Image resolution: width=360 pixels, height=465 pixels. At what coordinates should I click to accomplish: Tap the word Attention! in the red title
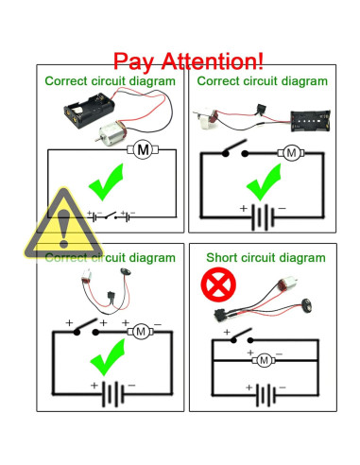pyautogui.click(x=215, y=62)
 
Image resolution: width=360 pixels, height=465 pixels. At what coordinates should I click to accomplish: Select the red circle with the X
pyautogui.click(x=218, y=284)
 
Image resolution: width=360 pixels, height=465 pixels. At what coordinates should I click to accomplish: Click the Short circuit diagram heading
pyautogui.click(x=266, y=257)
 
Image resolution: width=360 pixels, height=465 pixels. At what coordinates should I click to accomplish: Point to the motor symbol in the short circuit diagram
pyautogui.click(x=266, y=359)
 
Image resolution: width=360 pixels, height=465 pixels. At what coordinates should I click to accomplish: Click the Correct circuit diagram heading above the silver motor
pyautogui.click(x=110, y=81)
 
